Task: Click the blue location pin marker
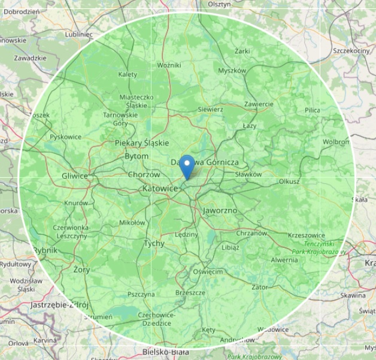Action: click(187, 167)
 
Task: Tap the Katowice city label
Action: click(160, 189)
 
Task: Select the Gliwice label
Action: click(75, 176)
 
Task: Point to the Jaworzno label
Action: click(220, 211)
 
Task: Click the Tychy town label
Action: click(154, 243)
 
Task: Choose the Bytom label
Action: click(137, 156)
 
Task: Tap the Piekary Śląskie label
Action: click(142, 143)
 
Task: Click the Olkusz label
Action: click(289, 181)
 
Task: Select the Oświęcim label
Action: click(208, 271)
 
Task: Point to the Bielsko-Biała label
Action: click(166, 352)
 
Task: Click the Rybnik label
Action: click(46, 250)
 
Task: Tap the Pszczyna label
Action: click(141, 294)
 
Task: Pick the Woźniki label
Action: click(169, 65)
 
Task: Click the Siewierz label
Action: click(210, 110)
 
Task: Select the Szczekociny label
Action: click(351, 51)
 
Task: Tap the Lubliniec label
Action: click(79, 34)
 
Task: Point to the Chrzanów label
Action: click(251, 233)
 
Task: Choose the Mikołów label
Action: click(132, 222)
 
